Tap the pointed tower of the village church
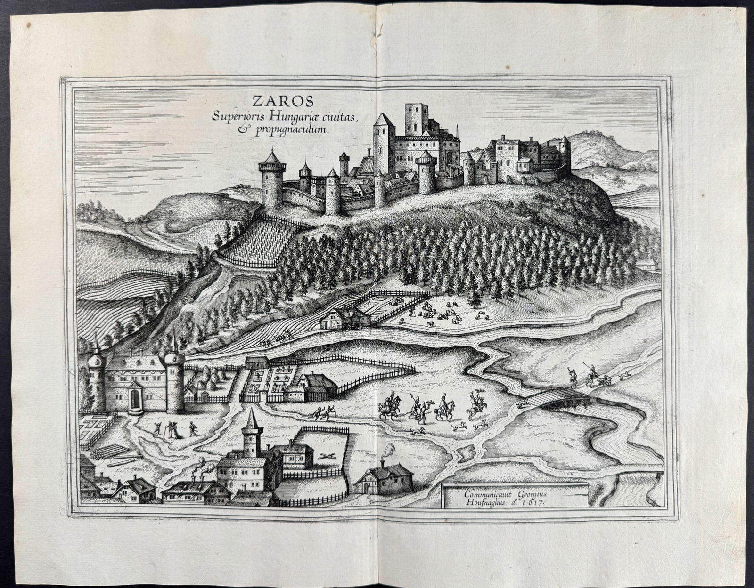(x=248, y=429)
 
